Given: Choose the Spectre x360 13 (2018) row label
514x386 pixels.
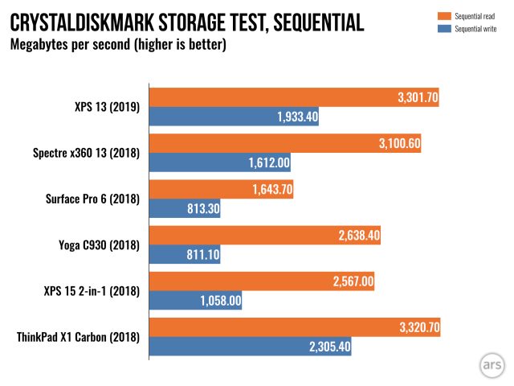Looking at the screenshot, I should click(88, 153).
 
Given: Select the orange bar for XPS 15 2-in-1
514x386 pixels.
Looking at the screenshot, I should click(262, 282).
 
